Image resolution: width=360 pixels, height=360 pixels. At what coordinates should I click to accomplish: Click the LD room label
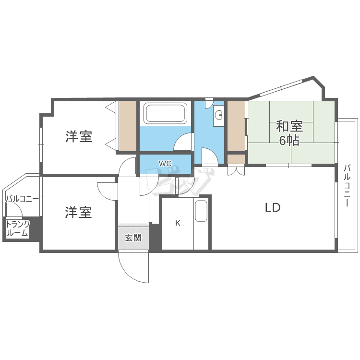point(272,207)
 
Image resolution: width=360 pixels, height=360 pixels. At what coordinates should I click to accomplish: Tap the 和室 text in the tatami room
point(289,127)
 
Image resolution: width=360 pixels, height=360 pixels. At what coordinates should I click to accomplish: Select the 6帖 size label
point(289,141)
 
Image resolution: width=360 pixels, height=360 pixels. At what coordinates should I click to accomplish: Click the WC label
point(165,163)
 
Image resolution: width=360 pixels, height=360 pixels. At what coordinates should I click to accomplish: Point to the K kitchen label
point(178,223)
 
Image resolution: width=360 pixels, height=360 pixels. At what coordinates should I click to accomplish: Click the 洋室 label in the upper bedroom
point(79,137)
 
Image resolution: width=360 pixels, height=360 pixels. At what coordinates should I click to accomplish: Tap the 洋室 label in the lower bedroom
point(79,212)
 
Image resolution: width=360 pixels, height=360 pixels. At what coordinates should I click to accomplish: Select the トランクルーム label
point(18,229)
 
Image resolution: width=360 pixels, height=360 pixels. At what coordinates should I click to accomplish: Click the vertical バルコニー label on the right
point(347,185)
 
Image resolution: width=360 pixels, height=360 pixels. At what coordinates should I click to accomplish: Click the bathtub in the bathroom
point(166,113)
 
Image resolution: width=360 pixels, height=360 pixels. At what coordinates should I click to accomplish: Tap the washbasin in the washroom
point(219,115)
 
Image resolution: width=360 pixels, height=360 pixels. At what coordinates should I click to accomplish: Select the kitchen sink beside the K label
point(201,211)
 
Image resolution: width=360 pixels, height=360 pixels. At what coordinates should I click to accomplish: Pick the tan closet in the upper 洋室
point(128,126)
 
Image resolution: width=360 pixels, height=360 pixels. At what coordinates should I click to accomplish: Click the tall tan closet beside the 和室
point(236,126)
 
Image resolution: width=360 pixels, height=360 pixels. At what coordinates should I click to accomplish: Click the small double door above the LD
point(235,170)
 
